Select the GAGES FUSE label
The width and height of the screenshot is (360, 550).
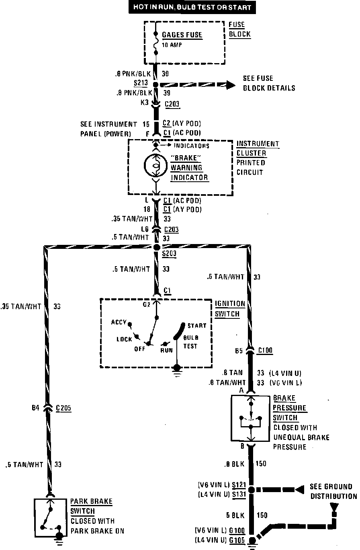click(x=182, y=35)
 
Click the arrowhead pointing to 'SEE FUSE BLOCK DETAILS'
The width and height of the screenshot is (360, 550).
click(x=230, y=85)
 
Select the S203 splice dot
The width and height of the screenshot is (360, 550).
click(x=156, y=247)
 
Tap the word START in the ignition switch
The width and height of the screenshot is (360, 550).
click(x=196, y=326)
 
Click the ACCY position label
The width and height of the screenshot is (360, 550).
click(x=119, y=322)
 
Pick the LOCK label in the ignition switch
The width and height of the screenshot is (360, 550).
click(x=124, y=339)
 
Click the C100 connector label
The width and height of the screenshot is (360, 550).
click(x=265, y=351)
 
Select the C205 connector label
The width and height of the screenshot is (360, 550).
click(x=63, y=408)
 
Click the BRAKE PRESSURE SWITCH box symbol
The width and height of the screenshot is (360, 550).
click(x=250, y=418)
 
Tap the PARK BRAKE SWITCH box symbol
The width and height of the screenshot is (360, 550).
click(x=51, y=518)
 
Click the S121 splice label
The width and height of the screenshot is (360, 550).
click(x=239, y=485)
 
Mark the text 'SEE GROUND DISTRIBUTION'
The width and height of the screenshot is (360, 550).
click(x=333, y=491)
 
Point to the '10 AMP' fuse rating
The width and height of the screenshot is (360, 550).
click(x=172, y=45)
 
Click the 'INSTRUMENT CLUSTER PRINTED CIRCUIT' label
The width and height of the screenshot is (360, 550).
click(x=257, y=158)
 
